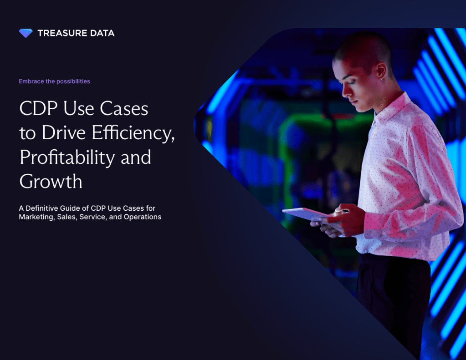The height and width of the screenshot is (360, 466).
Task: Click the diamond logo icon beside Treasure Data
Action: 26,33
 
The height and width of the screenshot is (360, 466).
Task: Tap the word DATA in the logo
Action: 102,33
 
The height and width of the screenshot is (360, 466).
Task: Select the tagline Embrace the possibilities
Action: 54,81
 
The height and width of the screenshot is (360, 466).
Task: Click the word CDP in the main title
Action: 38,108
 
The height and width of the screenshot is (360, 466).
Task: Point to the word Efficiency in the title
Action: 133,133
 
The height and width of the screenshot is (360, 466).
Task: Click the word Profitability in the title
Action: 67,157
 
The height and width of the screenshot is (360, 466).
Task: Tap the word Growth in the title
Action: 51,182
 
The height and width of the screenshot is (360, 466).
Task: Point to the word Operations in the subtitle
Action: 143,217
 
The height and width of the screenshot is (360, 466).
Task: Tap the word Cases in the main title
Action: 124,108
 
